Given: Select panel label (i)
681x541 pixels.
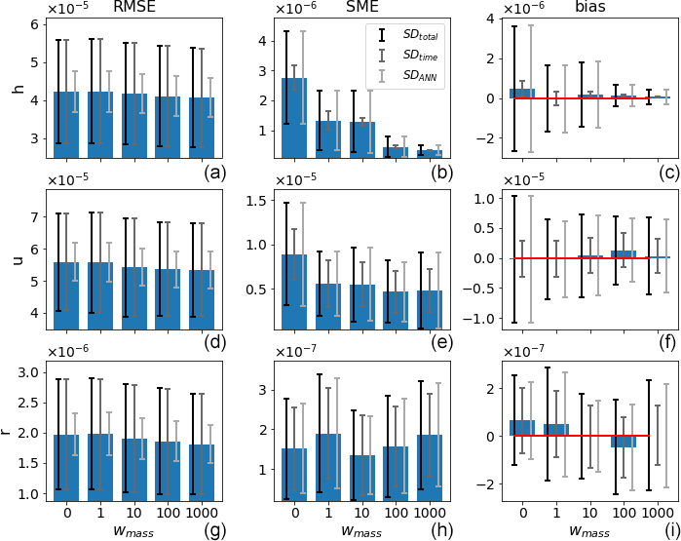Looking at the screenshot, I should point(670,530).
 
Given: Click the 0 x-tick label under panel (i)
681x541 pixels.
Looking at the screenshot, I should point(523,513).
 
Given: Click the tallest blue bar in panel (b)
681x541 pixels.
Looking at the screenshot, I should point(294,117).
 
